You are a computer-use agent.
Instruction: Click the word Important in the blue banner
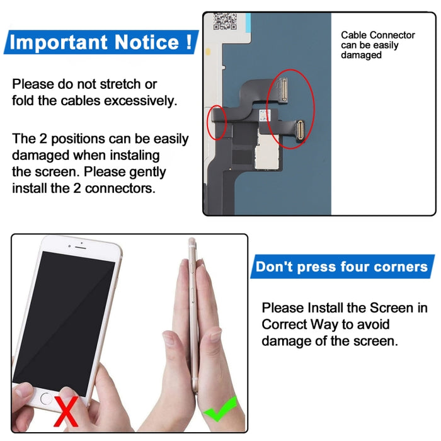58,43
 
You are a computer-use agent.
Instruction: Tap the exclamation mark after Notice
188,43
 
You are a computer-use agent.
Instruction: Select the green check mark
220,409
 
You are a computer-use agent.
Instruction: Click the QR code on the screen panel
224,22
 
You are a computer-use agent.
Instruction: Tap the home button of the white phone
46,399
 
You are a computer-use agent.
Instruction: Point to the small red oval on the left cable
216,122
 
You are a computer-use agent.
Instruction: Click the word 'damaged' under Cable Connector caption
362,55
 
